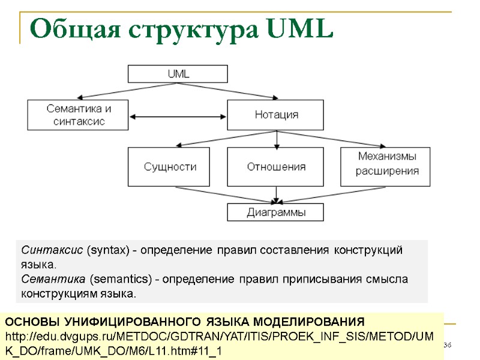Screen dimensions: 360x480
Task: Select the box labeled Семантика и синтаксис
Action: point(79,115)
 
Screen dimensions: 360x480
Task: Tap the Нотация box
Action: point(276,115)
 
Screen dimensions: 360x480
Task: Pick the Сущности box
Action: point(170,167)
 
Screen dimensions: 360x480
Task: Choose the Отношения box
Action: point(276,167)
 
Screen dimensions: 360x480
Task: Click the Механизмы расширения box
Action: point(387,164)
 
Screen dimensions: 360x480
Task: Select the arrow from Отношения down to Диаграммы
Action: point(276,195)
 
